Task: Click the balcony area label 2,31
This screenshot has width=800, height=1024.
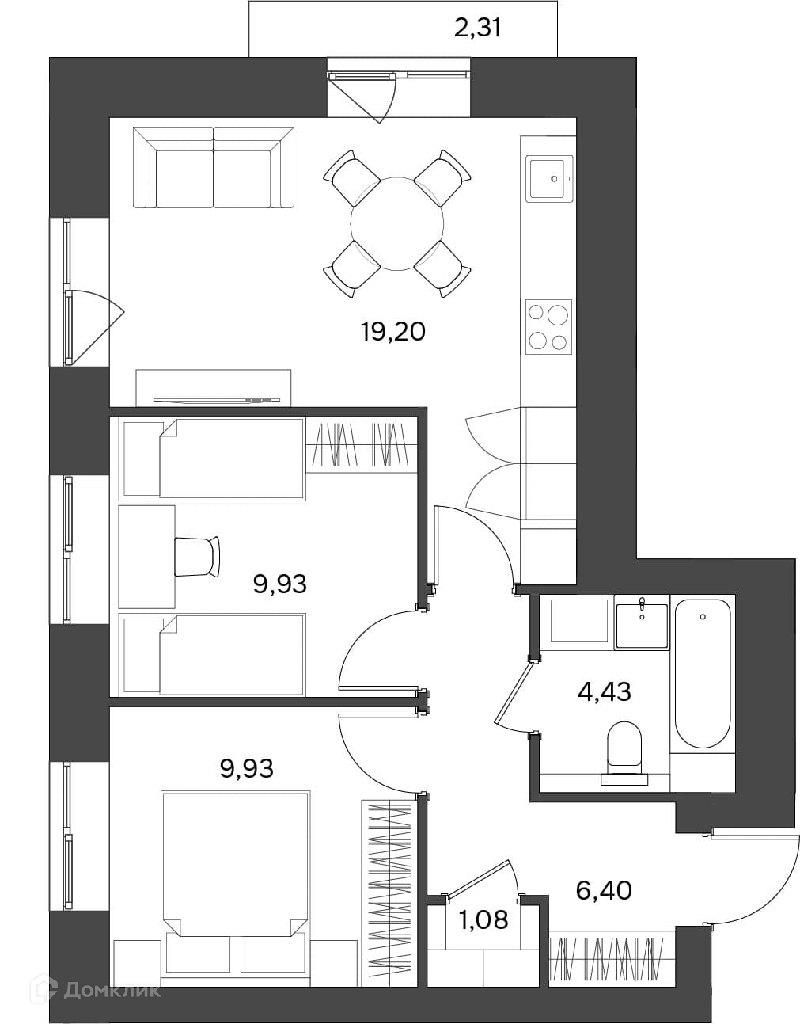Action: [x=477, y=29]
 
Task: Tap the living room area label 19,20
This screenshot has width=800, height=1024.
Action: [x=393, y=331]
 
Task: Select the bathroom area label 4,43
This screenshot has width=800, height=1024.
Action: [x=604, y=692]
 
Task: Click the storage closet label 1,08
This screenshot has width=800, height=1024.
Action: [x=484, y=919]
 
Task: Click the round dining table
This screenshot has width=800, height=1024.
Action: [x=397, y=223]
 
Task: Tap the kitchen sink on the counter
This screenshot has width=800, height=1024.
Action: [x=548, y=179]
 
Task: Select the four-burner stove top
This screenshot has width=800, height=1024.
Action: [x=548, y=327]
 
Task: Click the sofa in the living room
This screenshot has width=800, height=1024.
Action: [x=214, y=167]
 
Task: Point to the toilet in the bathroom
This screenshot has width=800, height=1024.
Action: [x=624, y=759]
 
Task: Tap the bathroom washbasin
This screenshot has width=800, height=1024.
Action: [x=642, y=623]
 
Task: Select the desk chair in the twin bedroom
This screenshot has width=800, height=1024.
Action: [x=197, y=556]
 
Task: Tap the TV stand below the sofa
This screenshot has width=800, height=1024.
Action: [x=214, y=387]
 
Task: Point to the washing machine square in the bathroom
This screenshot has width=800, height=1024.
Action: [x=579, y=621]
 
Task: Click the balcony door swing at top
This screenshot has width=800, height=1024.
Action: [x=362, y=97]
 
